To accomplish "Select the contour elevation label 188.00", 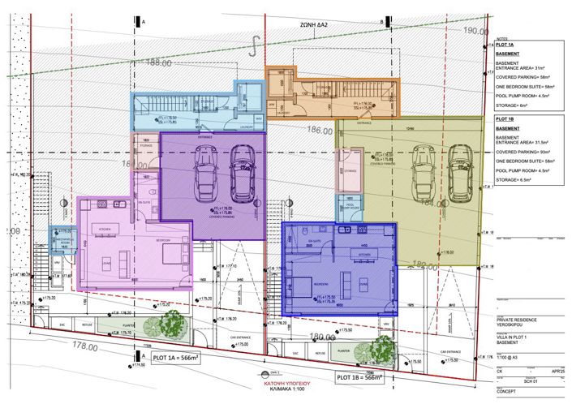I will tap(159, 62).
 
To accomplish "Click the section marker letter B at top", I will tap(381, 23).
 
